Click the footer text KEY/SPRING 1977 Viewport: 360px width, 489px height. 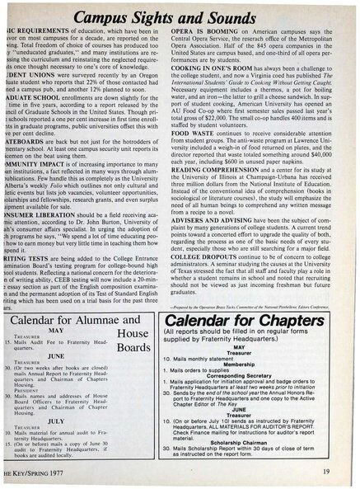[x=35, y=471]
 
